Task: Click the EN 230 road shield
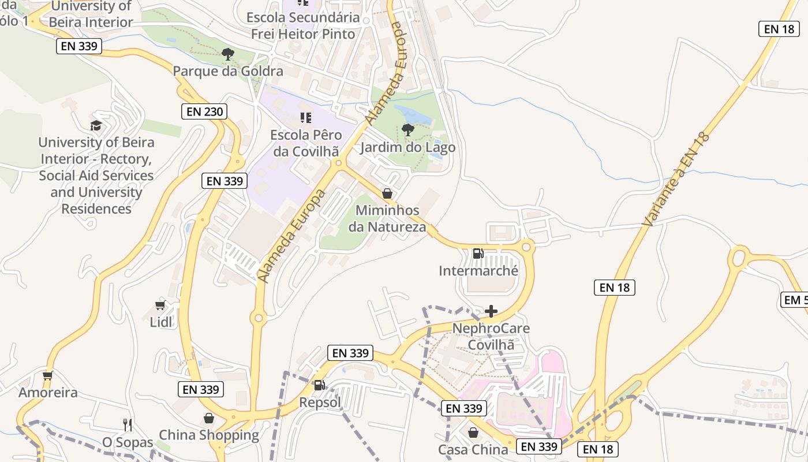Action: pos(204,111)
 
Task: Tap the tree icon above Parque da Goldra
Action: pos(228,54)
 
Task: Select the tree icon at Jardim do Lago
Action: pos(408,130)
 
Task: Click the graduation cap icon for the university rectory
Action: pos(96,125)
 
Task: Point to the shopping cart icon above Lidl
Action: pos(160,305)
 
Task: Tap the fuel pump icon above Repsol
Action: pos(319,385)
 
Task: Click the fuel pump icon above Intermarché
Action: pos(478,254)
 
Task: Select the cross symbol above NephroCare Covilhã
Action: pos(491,312)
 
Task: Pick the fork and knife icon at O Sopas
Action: pos(128,425)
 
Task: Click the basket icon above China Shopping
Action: pos(208,418)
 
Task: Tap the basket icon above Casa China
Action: pos(473,432)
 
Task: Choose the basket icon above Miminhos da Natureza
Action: pos(387,193)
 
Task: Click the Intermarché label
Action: pos(478,271)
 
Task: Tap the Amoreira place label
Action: pos(48,393)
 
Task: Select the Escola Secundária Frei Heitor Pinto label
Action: pos(303,25)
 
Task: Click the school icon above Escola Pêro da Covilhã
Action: pos(305,118)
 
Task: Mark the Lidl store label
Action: pos(161,322)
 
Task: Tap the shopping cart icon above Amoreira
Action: pos(48,375)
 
